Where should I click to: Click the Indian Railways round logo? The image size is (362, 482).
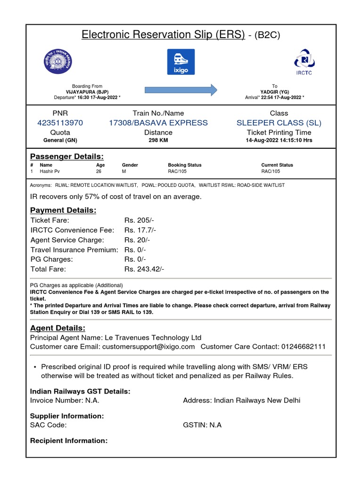click(56, 62)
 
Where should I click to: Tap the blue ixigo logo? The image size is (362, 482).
click(181, 62)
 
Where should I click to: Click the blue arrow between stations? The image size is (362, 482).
click(181, 89)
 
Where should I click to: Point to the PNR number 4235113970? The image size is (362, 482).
click(60, 123)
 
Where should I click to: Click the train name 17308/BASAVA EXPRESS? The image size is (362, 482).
click(158, 123)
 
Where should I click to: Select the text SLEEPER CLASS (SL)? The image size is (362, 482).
click(279, 123)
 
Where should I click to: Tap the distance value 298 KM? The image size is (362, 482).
click(158, 140)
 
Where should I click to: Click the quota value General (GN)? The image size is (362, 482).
click(60, 140)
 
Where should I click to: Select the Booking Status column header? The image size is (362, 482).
click(184, 165)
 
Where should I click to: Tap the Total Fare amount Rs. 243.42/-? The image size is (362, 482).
click(144, 269)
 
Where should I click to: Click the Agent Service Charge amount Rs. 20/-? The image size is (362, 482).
click(138, 240)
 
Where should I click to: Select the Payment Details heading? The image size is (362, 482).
click(63, 210)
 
